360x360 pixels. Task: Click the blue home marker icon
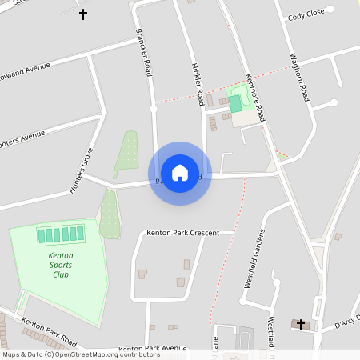[x=180, y=173]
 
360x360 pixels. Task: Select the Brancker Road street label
[x=144, y=53]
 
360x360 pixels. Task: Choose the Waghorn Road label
[x=300, y=77]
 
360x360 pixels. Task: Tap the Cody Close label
[x=306, y=14]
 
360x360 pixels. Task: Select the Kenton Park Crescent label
[x=182, y=233]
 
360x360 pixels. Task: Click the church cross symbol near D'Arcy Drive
[x=301, y=324]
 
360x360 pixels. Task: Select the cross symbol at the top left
[x=83, y=14]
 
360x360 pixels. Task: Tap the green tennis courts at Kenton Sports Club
[x=61, y=235]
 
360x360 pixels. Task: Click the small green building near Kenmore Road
[x=235, y=103]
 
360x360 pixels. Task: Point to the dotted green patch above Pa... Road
[x=126, y=154]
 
